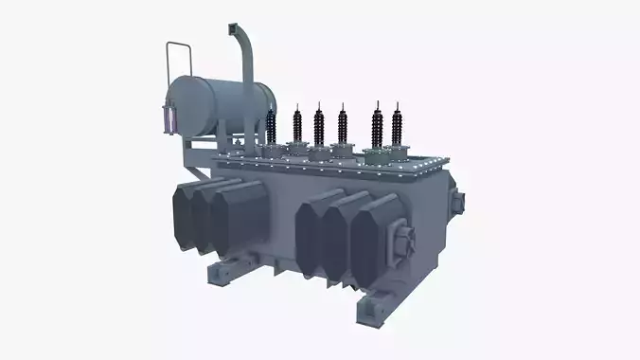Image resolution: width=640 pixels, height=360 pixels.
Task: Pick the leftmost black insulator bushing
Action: click(272, 126)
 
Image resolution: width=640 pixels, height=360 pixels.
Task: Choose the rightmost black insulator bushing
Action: click(397, 124)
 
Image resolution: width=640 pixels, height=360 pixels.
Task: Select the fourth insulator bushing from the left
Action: click(343, 125)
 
